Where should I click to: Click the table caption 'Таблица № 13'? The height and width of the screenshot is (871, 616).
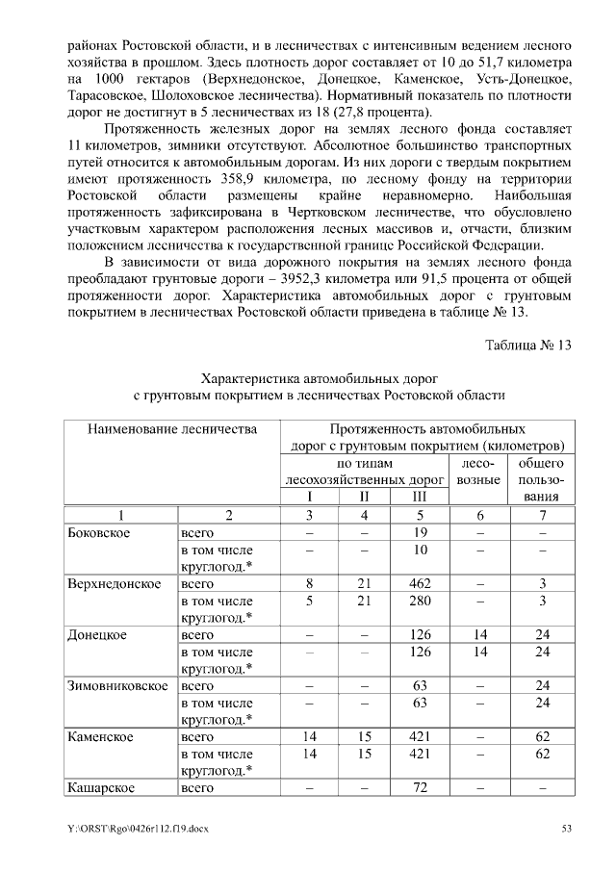(529, 346)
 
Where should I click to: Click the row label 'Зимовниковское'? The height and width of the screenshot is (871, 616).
(117, 686)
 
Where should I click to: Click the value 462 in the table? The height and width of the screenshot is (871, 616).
(419, 583)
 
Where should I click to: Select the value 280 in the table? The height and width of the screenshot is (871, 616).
(419, 601)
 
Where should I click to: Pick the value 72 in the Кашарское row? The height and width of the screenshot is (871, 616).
(419, 789)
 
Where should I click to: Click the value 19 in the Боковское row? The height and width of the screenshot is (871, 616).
(419, 531)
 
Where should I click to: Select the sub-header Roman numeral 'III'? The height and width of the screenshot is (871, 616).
(419, 497)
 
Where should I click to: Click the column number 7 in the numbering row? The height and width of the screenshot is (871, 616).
(542, 515)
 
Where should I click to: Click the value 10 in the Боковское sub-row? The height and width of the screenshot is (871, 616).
(419, 549)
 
